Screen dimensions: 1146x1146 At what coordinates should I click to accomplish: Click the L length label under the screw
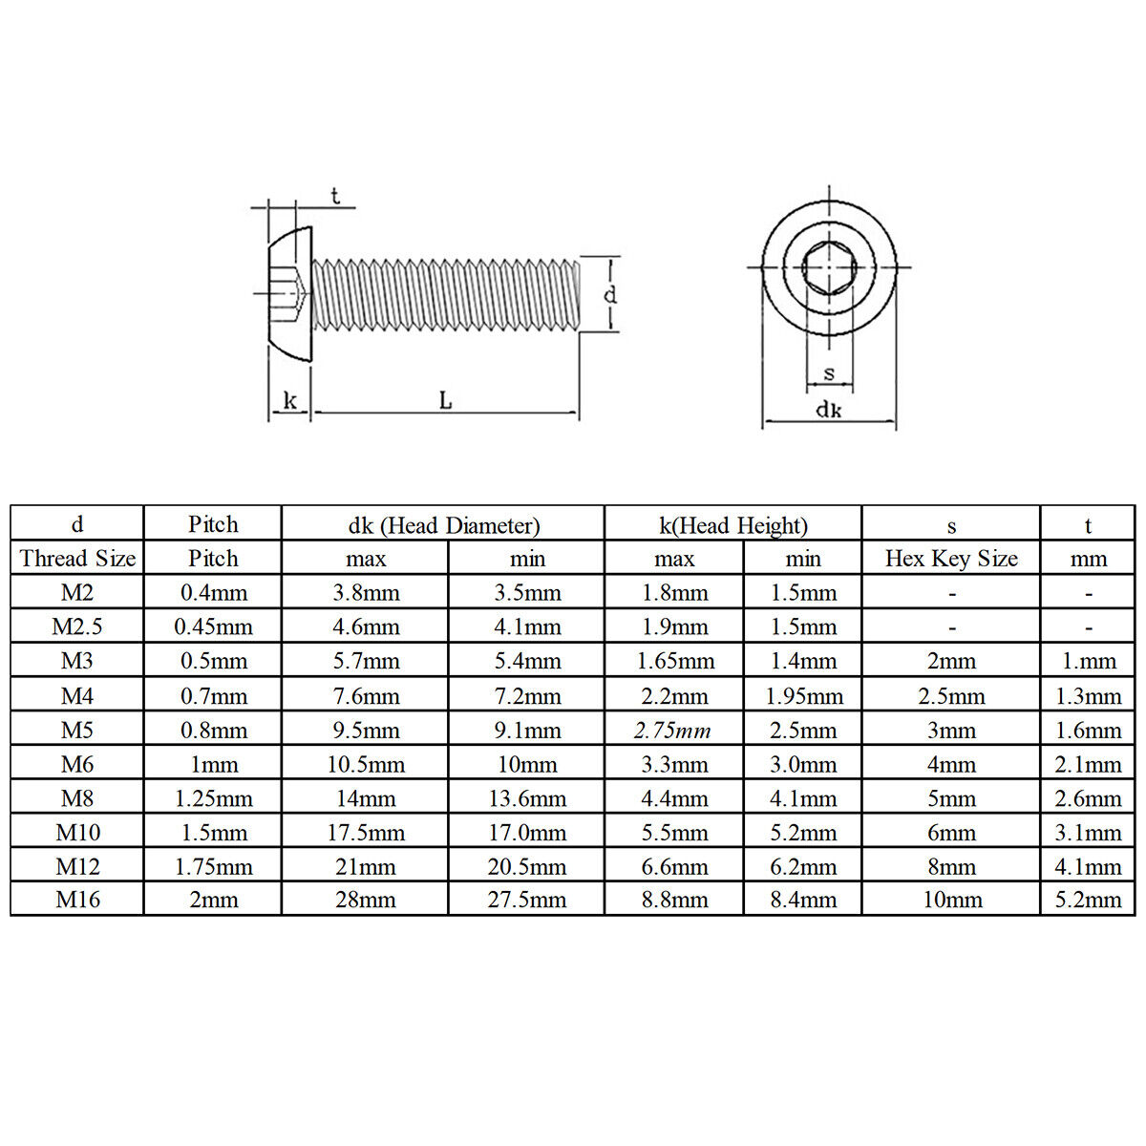coord(445,400)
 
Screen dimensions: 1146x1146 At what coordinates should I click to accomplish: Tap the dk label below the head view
coord(828,409)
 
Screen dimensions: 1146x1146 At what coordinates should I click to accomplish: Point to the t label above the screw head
coord(335,196)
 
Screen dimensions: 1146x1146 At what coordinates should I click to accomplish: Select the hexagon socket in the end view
coord(829,267)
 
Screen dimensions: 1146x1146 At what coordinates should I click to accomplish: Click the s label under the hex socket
coord(829,373)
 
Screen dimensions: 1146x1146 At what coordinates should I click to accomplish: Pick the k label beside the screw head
coord(289,400)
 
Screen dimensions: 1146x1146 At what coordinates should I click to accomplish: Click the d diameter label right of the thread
coord(610,294)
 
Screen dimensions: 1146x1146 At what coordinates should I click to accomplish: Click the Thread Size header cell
coord(77,558)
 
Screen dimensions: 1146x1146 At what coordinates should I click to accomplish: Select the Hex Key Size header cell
coord(951,558)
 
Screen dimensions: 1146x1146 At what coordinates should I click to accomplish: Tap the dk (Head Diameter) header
coord(444,525)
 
